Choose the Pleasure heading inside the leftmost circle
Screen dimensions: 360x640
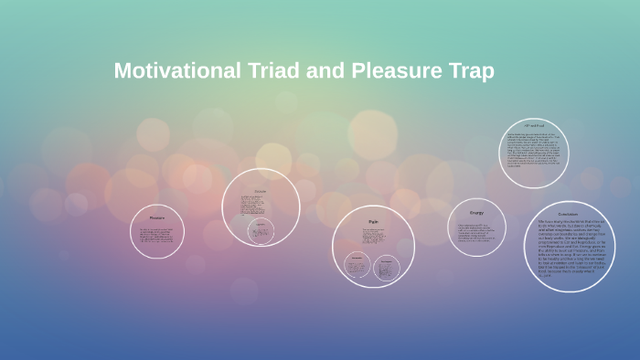(x=155, y=218)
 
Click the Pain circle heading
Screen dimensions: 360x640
(x=372, y=221)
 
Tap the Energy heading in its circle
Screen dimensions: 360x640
(x=475, y=213)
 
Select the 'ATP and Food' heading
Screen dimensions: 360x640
(x=534, y=125)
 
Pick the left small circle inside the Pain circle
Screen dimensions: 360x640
(x=357, y=268)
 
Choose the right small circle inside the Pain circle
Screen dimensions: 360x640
(x=387, y=268)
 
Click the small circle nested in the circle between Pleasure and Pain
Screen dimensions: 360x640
(x=261, y=231)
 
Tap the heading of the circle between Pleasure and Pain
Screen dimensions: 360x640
(x=260, y=190)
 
